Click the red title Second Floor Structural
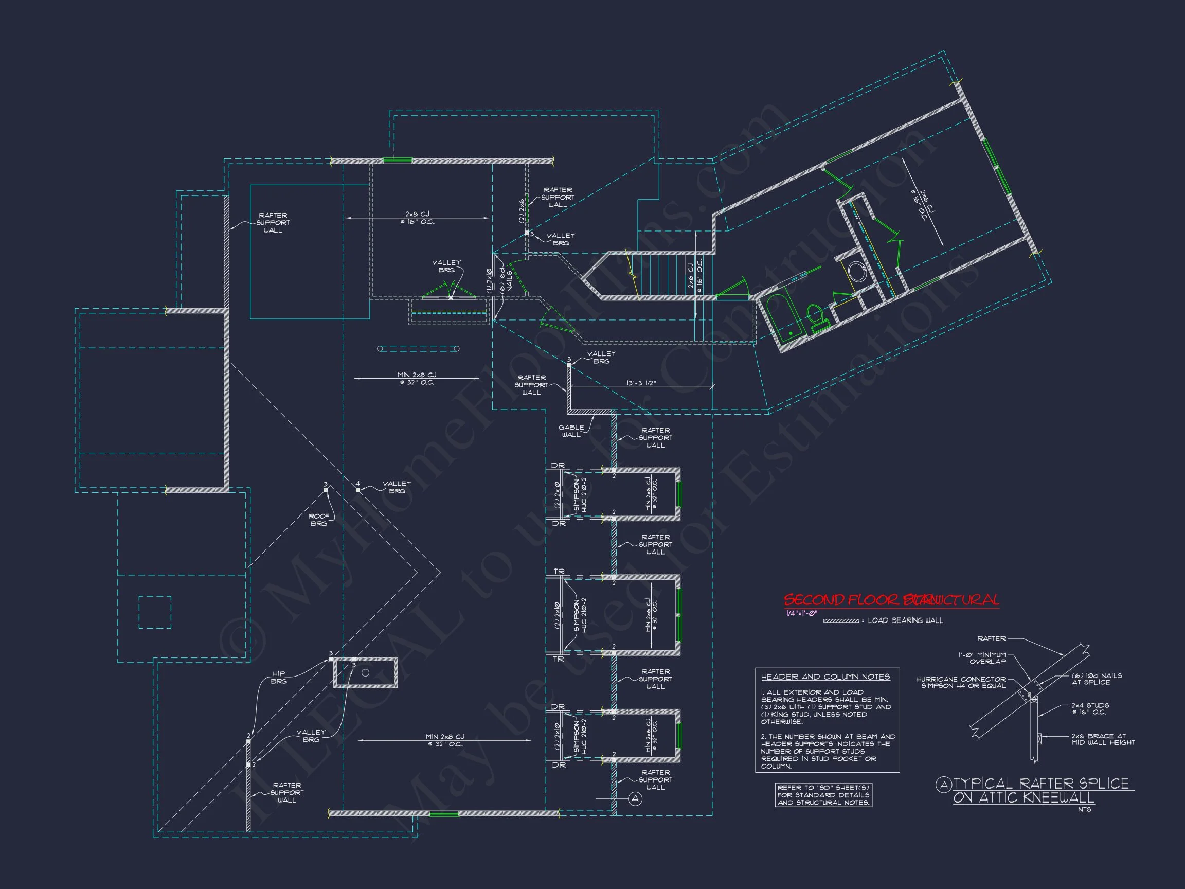click(x=891, y=600)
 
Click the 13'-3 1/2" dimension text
click(x=641, y=383)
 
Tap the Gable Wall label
click(x=571, y=431)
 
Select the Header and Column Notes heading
click(x=825, y=677)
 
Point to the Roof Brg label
click(x=319, y=519)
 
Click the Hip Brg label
click(x=279, y=678)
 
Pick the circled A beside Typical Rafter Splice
click(x=943, y=785)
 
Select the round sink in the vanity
click(x=857, y=272)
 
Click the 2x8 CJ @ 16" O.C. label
click(x=417, y=218)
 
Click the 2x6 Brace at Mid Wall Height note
click(x=1103, y=739)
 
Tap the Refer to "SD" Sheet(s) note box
click(x=823, y=795)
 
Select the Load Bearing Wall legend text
click(x=905, y=620)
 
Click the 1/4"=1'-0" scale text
click(x=801, y=613)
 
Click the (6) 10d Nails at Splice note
click(x=1097, y=679)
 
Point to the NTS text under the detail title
click(x=1084, y=809)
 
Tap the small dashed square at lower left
click(x=155, y=612)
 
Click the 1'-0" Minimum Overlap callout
click(x=982, y=658)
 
